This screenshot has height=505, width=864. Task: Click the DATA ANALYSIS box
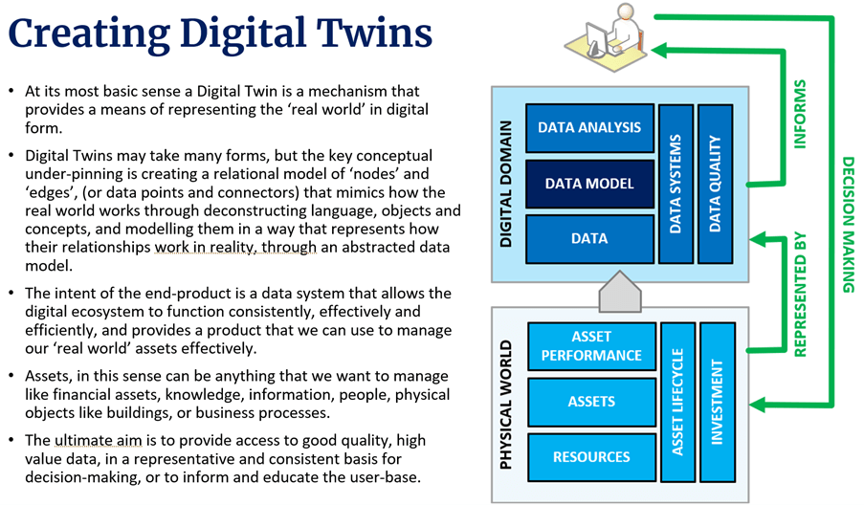point(588,127)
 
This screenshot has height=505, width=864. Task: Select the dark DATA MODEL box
point(588,183)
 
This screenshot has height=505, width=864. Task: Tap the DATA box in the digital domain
point(588,238)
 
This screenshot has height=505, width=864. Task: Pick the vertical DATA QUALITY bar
point(714,184)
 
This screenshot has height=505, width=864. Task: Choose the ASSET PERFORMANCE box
point(591,346)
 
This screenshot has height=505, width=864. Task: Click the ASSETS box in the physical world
point(591,403)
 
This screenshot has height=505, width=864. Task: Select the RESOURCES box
point(591,457)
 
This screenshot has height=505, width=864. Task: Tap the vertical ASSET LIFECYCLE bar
point(676,402)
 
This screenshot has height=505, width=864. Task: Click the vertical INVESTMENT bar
point(717,402)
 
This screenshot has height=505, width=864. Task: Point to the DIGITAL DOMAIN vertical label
point(508,184)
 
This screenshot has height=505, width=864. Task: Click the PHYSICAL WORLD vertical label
point(508,403)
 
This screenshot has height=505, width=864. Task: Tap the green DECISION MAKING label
point(848,225)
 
